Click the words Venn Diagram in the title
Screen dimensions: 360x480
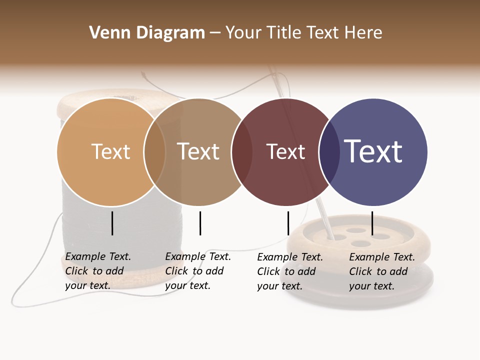pos(147,33)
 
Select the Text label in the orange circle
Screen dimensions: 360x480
pos(110,151)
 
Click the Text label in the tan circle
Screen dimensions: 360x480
pos(198,151)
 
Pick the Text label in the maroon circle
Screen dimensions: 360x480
pos(285,151)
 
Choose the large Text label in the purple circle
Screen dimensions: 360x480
pos(373,151)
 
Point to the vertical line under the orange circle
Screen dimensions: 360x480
pos(112,223)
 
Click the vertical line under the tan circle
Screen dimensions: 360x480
pos(200,223)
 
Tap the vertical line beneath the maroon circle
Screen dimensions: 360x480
pos(288,223)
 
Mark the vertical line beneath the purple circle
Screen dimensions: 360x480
pos(372,223)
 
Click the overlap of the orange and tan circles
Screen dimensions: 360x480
pos(155,152)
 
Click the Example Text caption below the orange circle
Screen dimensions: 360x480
pos(98,270)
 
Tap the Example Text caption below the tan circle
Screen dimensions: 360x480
pos(198,270)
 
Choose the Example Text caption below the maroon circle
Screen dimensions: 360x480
pos(290,271)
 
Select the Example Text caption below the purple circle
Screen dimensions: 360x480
pos(382,271)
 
